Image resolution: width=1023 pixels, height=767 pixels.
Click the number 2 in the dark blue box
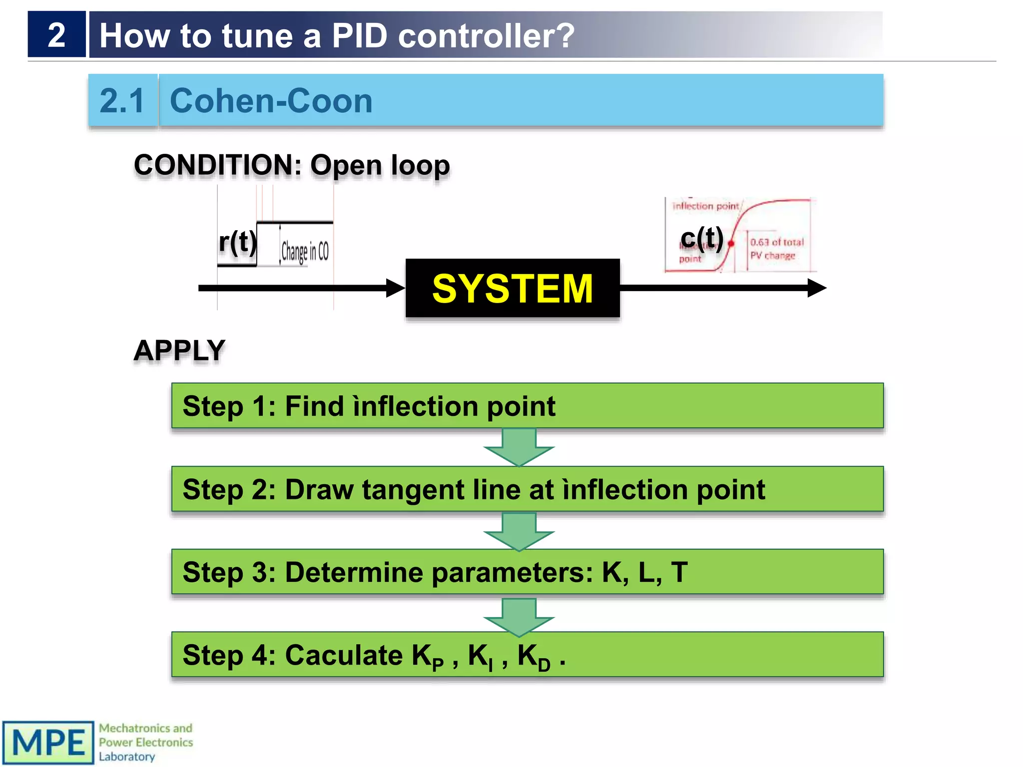click(x=56, y=35)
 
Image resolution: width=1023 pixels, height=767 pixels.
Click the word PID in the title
click(x=359, y=36)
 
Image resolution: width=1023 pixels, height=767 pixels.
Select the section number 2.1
click(x=122, y=101)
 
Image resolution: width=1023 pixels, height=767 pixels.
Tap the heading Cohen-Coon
click(x=271, y=101)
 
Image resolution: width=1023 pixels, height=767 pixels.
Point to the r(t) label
click(x=237, y=242)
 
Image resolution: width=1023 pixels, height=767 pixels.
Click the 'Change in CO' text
click(x=305, y=251)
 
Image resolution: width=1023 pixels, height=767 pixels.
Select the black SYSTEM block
click(x=512, y=288)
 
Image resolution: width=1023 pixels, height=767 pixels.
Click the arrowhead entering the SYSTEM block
click(x=396, y=288)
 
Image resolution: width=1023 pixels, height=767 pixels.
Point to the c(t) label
click(x=702, y=238)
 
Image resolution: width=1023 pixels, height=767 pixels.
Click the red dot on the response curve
click(x=731, y=244)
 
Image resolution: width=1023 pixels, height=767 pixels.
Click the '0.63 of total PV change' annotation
click(x=776, y=249)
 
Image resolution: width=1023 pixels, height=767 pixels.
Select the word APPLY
click(x=179, y=350)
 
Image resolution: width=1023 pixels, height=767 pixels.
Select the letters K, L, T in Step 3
click(x=645, y=572)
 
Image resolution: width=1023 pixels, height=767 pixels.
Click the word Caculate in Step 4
click(x=344, y=655)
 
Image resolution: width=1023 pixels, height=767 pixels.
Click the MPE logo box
click(x=48, y=743)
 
